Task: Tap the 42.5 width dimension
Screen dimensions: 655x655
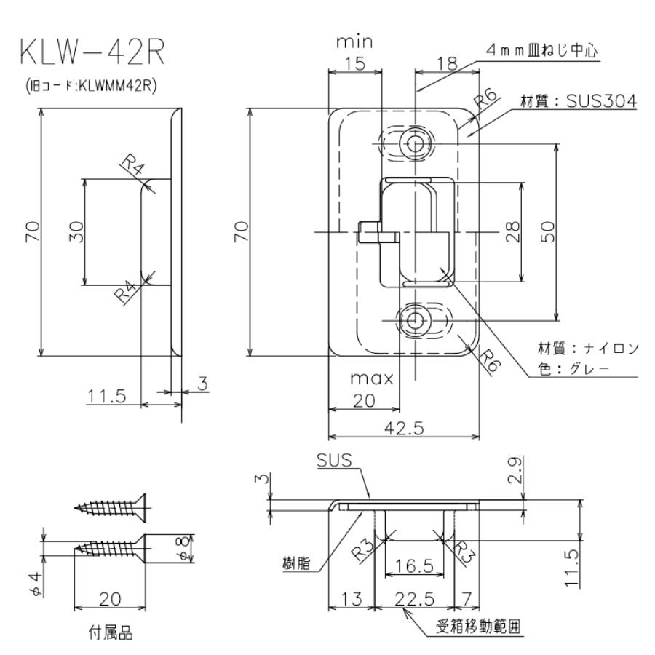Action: tap(404, 428)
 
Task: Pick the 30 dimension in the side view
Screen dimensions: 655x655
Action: tap(77, 231)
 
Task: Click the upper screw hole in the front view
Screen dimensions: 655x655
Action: tap(416, 143)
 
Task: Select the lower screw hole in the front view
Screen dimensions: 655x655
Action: tap(416, 319)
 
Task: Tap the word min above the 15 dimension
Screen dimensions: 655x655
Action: tap(354, 43)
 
